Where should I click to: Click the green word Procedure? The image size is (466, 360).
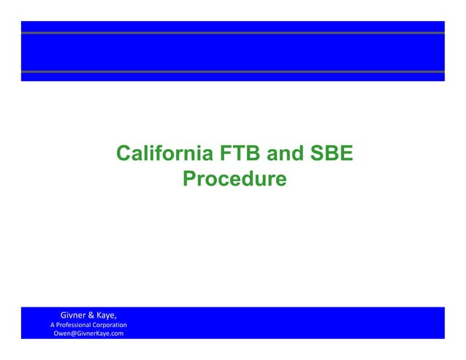(234, 178)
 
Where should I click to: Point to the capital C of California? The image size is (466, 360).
(123, 155)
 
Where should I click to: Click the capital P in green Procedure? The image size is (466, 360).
(188, 178)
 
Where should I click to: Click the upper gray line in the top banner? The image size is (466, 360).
(233, 33)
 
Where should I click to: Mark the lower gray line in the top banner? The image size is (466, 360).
(233, 72)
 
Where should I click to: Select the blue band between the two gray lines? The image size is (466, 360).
(233, 53)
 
